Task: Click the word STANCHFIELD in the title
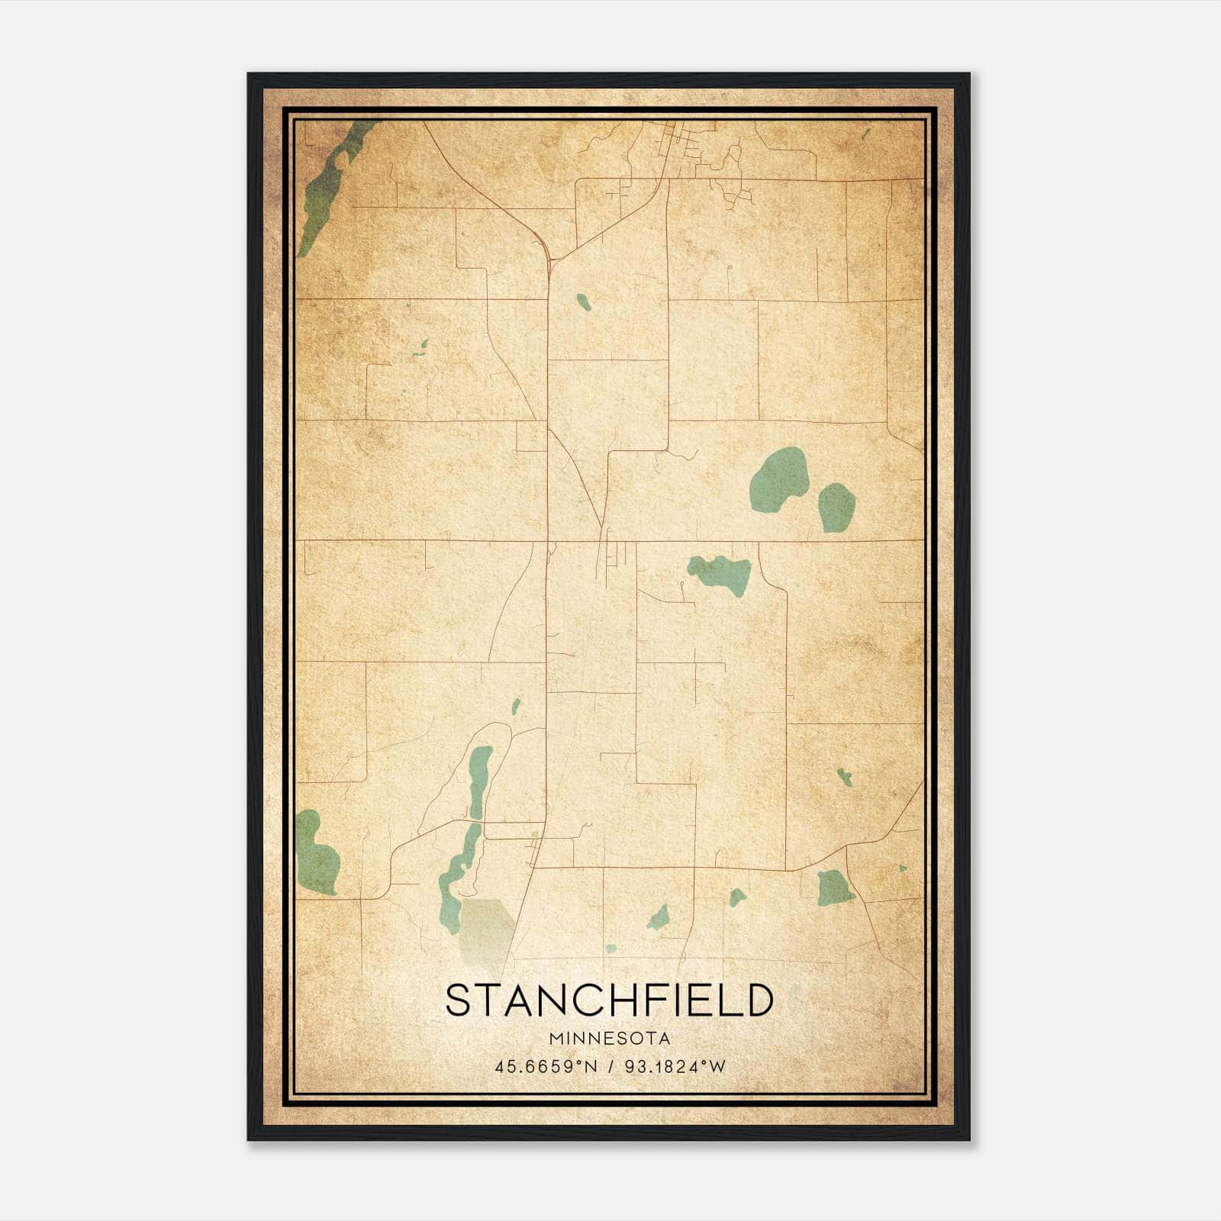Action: (x=609, y=1000)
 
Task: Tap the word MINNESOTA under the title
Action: (x=609, y=1039)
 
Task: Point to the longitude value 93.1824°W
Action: (x=675, y=1067)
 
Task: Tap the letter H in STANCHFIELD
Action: (x=611, y=1000)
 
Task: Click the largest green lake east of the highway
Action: (x=778, y=479)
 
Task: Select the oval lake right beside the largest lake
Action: (x=836, y=507)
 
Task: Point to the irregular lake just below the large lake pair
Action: (x=722, y=572)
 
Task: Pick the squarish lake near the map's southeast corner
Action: (x=833, y=888)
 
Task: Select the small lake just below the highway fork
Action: (x=584, y=302)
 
